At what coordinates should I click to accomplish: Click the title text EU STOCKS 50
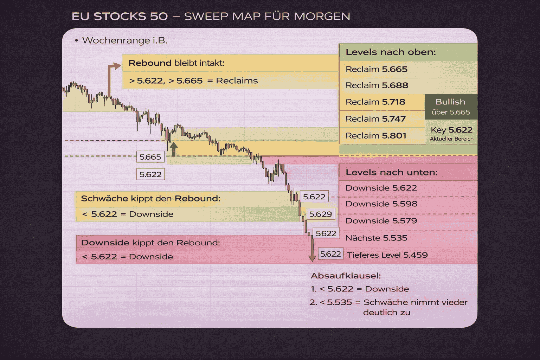tap(120, 17)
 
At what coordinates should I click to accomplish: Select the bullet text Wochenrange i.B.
tap(124, 40)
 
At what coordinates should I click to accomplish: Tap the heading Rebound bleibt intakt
tap(176, 63)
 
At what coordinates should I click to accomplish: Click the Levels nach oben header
tap(391, 52)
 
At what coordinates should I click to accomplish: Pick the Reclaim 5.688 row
tap(377, 85)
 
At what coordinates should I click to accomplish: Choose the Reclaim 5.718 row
tap(375, 102)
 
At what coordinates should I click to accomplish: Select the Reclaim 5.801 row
tap(376, 136)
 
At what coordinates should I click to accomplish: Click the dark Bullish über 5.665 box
tap(451, 107)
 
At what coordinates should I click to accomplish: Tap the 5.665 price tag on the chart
tap(150, 157)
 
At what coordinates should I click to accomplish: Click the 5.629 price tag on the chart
tap(320, 214)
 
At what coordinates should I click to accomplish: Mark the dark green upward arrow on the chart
tap(174, 149)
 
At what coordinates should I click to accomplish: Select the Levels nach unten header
tap(391, 173)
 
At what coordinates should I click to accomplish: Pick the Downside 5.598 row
tap(381, 204)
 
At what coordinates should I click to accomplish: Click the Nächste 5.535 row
tap(376, 238)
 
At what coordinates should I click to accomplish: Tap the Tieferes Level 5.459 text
tap(387, 255)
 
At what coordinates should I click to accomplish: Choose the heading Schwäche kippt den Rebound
tap(150, 199)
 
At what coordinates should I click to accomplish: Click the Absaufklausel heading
tap(346, 276)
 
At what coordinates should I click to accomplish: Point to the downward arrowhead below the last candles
tap(312, 258)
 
